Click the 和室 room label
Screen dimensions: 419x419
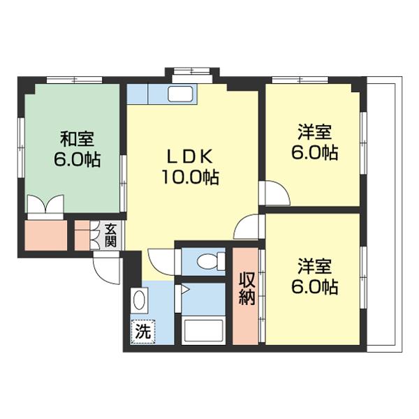pos(77,137)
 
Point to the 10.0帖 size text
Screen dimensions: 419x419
pos(191,177)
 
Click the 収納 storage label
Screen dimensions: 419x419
pos(247,287)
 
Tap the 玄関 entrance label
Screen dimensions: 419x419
pos(111,235)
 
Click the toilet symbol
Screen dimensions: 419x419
pos(207,261)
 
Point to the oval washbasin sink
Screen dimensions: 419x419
pos(138,301)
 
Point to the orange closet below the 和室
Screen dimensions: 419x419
pos(46,235)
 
